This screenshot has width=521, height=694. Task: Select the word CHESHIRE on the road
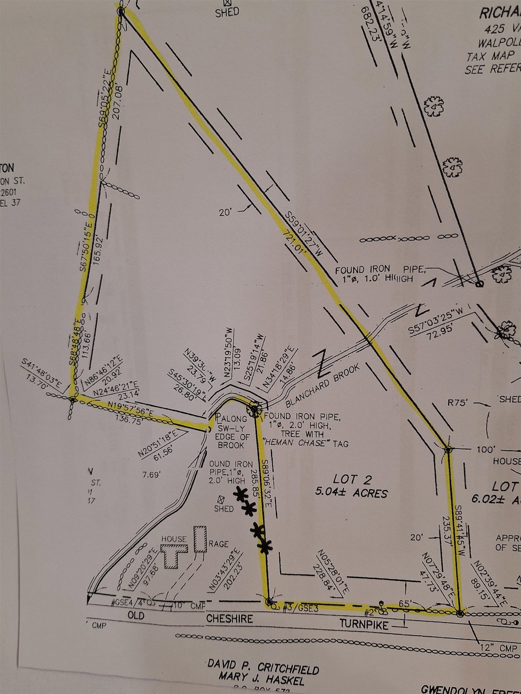coord(230,618)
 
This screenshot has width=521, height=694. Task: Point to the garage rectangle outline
coord(200,539)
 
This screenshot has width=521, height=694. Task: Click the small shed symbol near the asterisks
coord(221,500)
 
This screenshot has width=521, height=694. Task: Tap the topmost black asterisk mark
coord(241,494)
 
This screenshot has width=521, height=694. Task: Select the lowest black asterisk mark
coord(265,546)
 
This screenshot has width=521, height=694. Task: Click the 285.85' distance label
coord(255,485)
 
